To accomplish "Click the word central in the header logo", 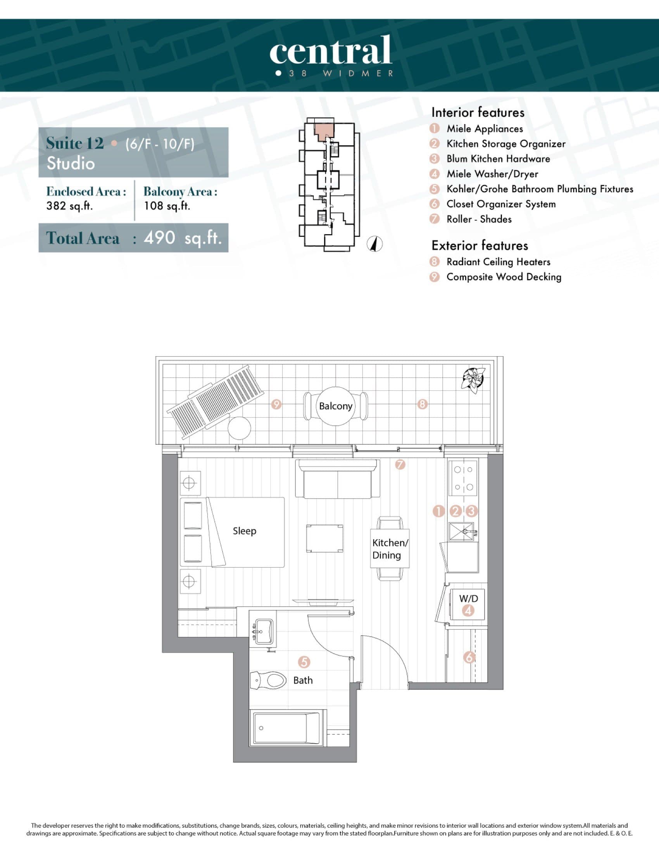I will (330, 51).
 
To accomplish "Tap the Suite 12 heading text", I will (75, 143).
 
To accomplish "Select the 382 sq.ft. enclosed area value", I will (69, 206).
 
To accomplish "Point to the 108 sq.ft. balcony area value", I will (167, 206).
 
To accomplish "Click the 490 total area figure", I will (159, 237).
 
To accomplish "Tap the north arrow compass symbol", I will (375, 244).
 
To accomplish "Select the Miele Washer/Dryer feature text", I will (492, 174).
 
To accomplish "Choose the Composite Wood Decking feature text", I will (504, 277).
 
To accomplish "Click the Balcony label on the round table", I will (335, 406).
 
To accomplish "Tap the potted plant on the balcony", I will (473, 379).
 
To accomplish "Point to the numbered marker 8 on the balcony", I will (422, 404).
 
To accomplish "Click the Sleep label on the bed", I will (244, 531).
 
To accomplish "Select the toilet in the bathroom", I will (269, 680).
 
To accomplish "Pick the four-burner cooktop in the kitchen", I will (463, 478).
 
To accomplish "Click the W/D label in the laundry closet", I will (468, 598).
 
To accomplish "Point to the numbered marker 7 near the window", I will (400, 464).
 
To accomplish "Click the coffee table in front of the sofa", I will (324, 539).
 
